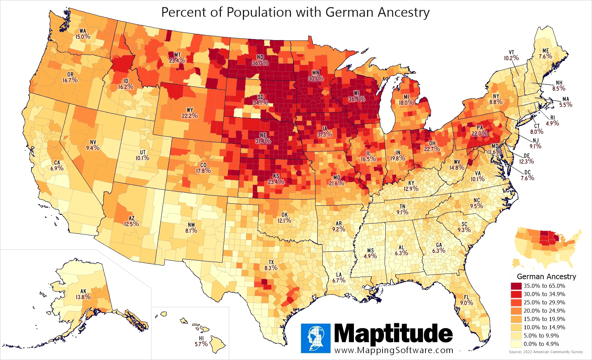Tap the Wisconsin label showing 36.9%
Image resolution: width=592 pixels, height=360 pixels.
[356, 96]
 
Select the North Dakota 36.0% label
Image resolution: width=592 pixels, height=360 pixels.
[260, 60]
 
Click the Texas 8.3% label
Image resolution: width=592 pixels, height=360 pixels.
[271, 265]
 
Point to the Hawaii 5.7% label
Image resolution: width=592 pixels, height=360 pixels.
[201, 341]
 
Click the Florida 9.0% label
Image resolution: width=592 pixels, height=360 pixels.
[467, 300]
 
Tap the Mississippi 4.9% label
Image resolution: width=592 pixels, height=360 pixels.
[370, 253]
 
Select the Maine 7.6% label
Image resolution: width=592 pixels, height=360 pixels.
[545, 54]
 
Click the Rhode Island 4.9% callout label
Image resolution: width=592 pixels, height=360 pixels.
[552, 121]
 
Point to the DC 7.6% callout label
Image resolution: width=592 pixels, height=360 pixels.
[527, 175]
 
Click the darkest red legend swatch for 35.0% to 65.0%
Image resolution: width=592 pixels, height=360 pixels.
[516, 286]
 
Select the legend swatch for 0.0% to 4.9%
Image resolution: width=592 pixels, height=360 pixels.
[516, 344]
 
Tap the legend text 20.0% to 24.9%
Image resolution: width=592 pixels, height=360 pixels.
[544, 311]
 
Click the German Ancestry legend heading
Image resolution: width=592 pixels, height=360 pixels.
[546, 277]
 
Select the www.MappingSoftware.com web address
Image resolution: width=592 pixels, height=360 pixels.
[394, 350]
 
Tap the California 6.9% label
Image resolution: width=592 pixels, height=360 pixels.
[57, 166]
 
